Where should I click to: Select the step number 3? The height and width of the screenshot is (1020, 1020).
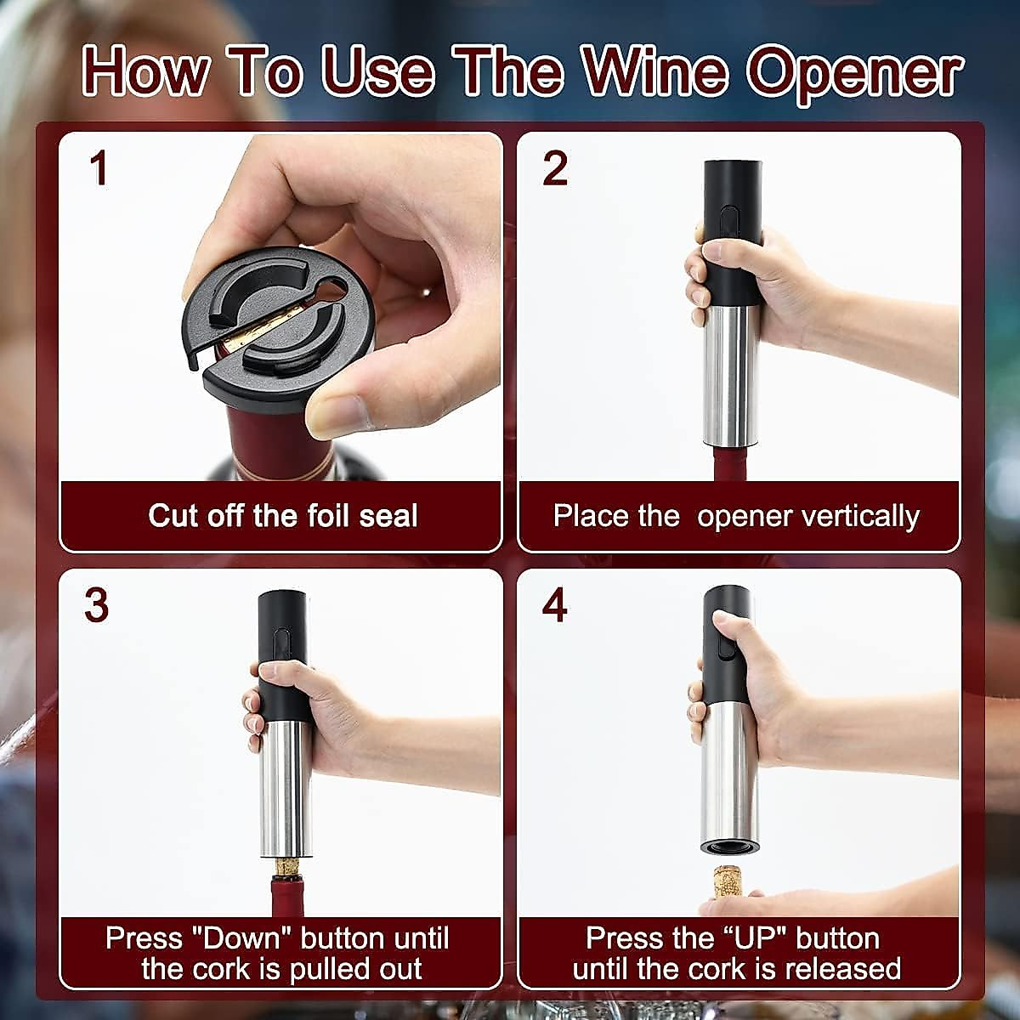pos(96,605)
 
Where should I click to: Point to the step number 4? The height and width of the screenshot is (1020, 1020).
pos(554,605)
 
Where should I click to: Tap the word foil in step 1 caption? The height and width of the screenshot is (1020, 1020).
pos(311,515)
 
